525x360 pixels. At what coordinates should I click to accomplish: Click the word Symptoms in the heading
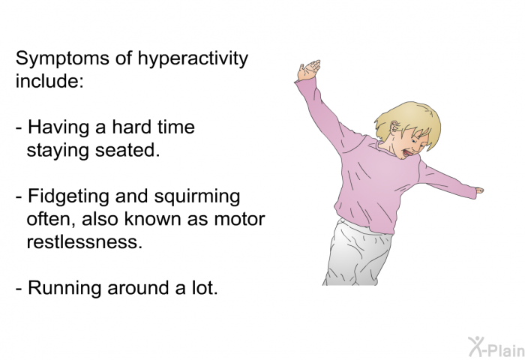(x=62, y=59)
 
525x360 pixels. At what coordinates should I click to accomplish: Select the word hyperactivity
(x=193, y=59)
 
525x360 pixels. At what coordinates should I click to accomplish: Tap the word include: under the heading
(x=49, y=81)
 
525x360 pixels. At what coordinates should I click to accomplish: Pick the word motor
(x=239, y=219)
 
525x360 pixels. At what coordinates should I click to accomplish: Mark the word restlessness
(x=84, y=241)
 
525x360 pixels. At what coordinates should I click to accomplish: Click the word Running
(x=64, y=288)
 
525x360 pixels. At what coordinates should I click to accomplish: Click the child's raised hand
(x=308, y=70)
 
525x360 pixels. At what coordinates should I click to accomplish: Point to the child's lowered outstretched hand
(x=479, y=190)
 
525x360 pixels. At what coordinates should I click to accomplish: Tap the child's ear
(x=395, y=127)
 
